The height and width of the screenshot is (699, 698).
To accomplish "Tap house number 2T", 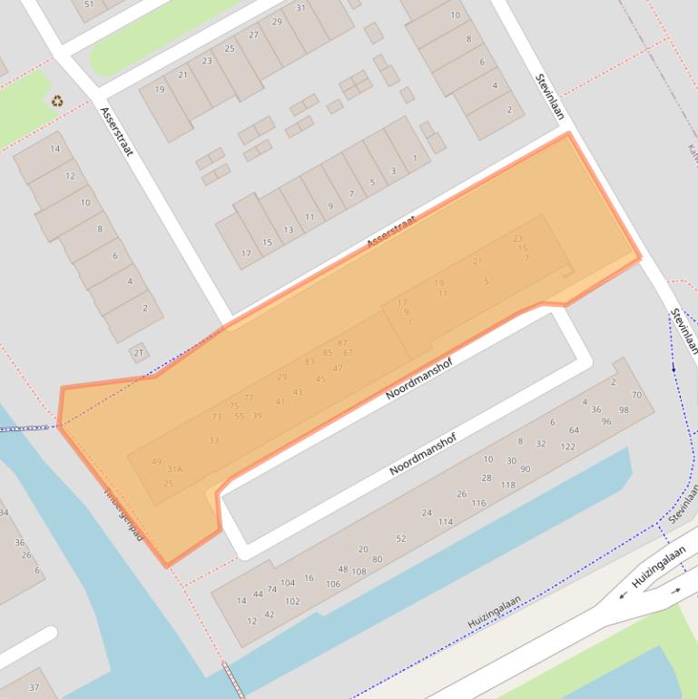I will (x=139, y=352).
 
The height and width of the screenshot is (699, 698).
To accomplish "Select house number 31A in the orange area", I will (x=174, y=468).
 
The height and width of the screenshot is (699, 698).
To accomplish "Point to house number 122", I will (x=567, y=447).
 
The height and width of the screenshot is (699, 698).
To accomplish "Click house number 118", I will (x=507, y=485).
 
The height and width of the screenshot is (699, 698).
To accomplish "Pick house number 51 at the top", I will (x=88, y=5).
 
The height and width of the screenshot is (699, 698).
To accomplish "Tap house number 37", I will (x=34, y=687).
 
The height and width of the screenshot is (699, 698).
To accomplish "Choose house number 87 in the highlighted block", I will (x=342, y=342).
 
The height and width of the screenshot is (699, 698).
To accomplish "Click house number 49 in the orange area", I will (x=156, y=461).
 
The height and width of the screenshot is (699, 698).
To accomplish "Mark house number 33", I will (x=213, y=440).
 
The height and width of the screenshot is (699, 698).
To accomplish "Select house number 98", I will (x=623, y=409).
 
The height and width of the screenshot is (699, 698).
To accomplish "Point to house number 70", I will (x=636, y=395).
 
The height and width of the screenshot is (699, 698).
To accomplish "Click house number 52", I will (x=400, y=538).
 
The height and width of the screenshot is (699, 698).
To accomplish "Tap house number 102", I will (x=292, y=601).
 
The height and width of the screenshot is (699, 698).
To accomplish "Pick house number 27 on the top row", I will (x=253, y=35).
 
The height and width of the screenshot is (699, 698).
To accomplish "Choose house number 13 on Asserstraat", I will (x=288, y=230).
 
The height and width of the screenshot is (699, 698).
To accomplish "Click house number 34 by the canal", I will (x=4, y=513).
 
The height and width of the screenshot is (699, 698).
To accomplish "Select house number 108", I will (x=359, y=572).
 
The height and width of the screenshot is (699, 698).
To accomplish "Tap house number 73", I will (x=216, y=417).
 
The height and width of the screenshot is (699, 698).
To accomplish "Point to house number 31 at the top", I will (x=300, y=8).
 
